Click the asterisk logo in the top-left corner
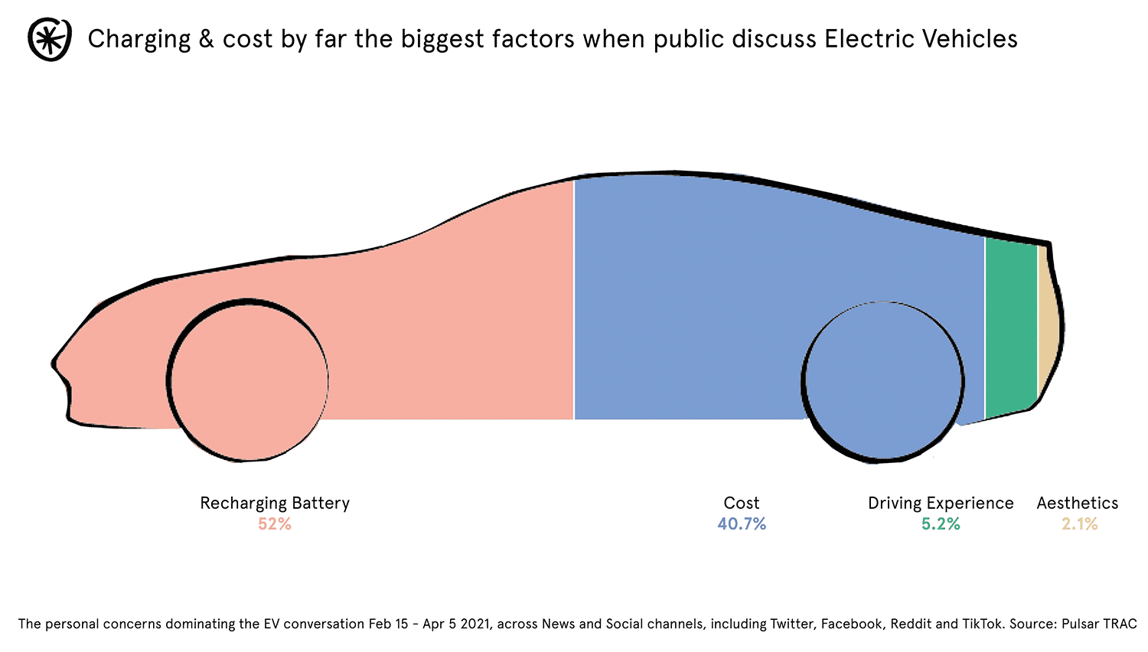(50, 39)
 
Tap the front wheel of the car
(248, 380)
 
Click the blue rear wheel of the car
(883, 382)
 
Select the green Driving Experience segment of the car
(1010, 329)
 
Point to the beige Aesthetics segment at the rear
(1049, 321)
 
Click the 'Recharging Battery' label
(275, 503)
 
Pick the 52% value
(274, 524)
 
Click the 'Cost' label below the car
(742, 503)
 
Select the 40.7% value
(742, 524)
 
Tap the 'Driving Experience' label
(941, 503)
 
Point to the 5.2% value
(941, 524)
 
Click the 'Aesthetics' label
(1078, 503)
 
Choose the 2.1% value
(1079, 524)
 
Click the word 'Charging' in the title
(139, 40)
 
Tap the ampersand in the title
(206, 39)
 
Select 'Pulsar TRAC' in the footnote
(1099, 624)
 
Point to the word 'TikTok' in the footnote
(982, 624)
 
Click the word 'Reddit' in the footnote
(911, 624)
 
